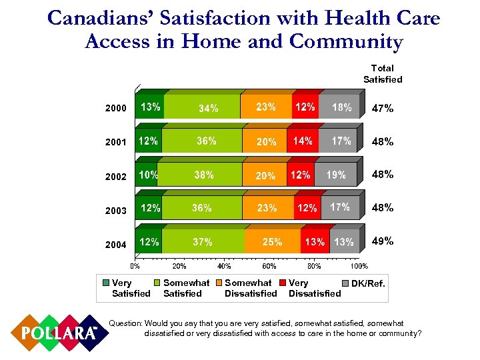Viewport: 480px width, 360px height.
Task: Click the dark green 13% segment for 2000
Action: coord(149,107)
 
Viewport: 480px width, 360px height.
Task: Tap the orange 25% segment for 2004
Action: coord(272,241)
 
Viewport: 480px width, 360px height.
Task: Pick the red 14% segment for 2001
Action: coord(303,141)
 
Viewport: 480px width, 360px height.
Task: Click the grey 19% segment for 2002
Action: coord(335,175)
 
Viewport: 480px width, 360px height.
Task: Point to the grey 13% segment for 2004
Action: coord(344,241)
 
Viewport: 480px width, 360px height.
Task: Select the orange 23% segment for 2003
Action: coord(267,208)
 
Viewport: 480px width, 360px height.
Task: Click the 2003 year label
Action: coord(115,211)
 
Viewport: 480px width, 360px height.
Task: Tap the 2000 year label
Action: coord(115,108)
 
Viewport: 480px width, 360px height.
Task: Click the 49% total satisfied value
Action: coord(383,241)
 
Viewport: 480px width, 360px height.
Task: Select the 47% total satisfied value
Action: coord(383,107)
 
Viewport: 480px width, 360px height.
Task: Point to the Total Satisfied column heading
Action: coord(383,73)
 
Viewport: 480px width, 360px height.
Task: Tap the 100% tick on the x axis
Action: coord(359,266)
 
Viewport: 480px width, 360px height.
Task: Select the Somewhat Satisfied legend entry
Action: coord(185,288)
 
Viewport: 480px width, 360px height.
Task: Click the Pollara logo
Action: coord(55,331)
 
